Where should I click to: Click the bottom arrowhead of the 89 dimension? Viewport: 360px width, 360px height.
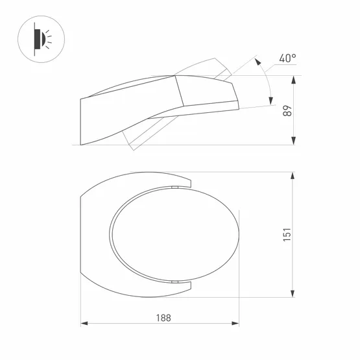(294, 142)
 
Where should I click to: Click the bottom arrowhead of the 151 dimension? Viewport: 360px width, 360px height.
(294, 291)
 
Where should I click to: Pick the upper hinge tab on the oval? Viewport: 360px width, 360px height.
(175, 187)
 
